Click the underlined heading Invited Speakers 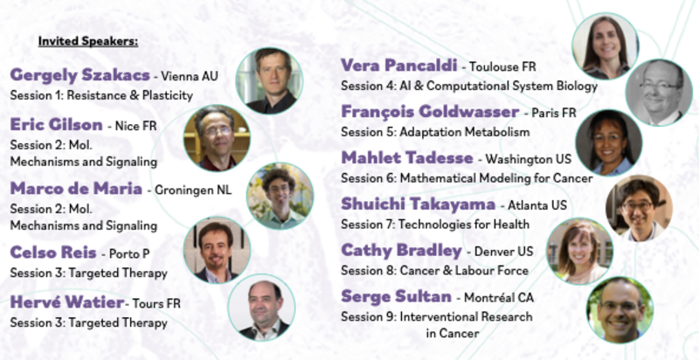[x=88, y=41]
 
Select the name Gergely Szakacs [x=80, y=75]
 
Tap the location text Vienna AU [x=190, y=76]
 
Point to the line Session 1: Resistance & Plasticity [x=101, y=95]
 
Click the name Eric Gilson [x=57, y=125]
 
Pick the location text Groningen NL [x=193, y=190]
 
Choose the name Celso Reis [x=53, y=253]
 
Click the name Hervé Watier [x=67, y=302]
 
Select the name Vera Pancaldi [x=399, y=66]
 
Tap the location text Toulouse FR [x=502, y=66]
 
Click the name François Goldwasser [x=430, y=112]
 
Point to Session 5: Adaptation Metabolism [x=435, y=132]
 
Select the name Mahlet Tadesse [x=407, y=158]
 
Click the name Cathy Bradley [x=401, y=251]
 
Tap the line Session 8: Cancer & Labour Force [x=434, y=271]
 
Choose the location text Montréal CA [x=499, y=297]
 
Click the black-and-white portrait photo [x=659, y=93]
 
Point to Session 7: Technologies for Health [x=435, y=224]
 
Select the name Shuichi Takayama [x=419, y=204]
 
